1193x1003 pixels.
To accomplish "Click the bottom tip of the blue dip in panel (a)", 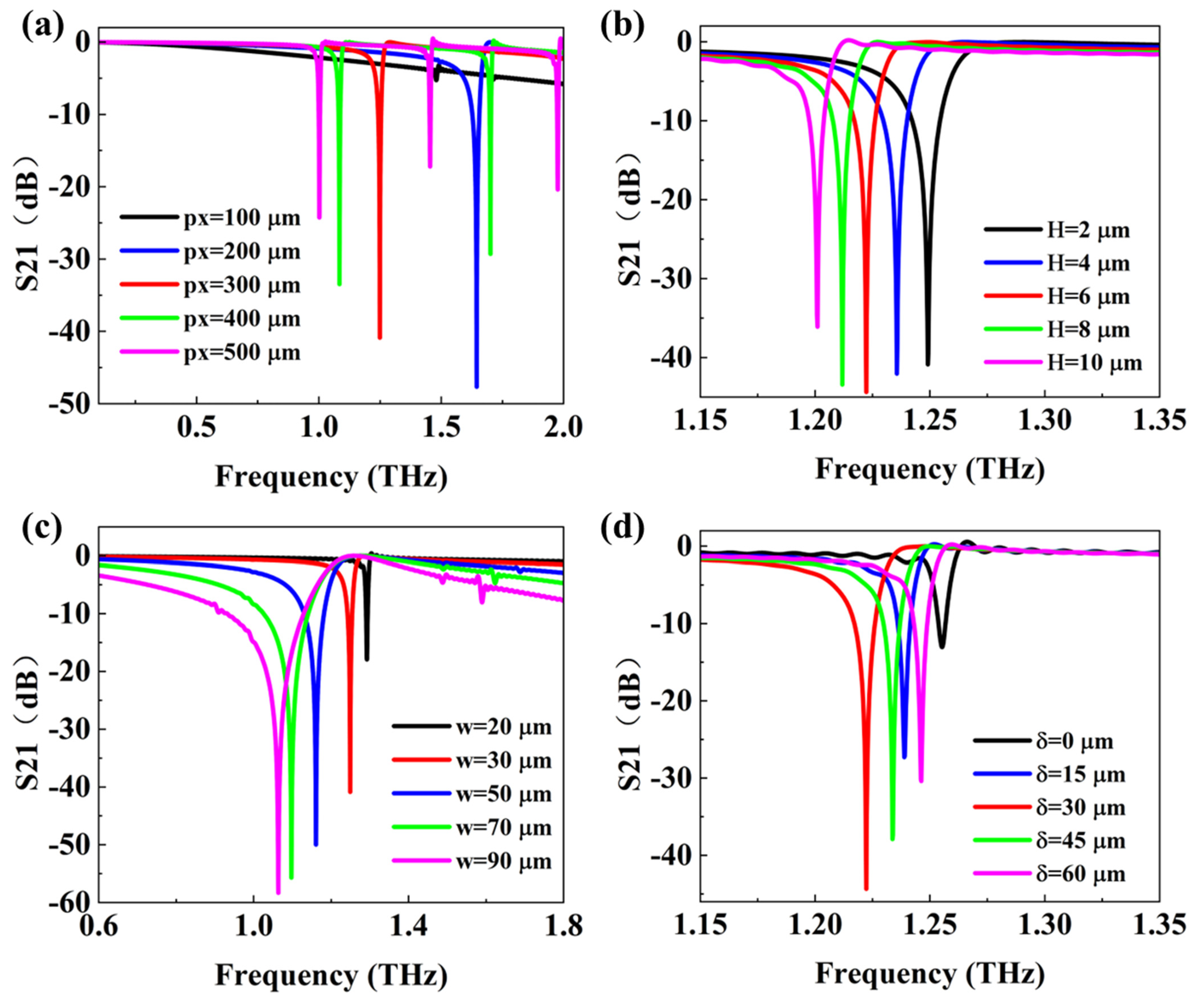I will pos(477,387).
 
